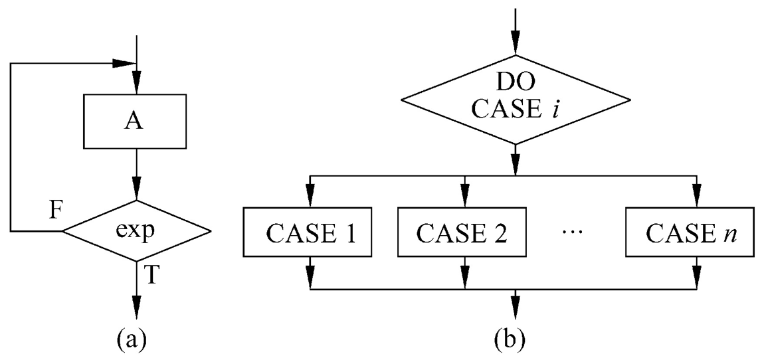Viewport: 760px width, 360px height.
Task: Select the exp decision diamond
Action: [x=136, y=231]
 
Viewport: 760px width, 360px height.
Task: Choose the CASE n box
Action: [x=695, y=233]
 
